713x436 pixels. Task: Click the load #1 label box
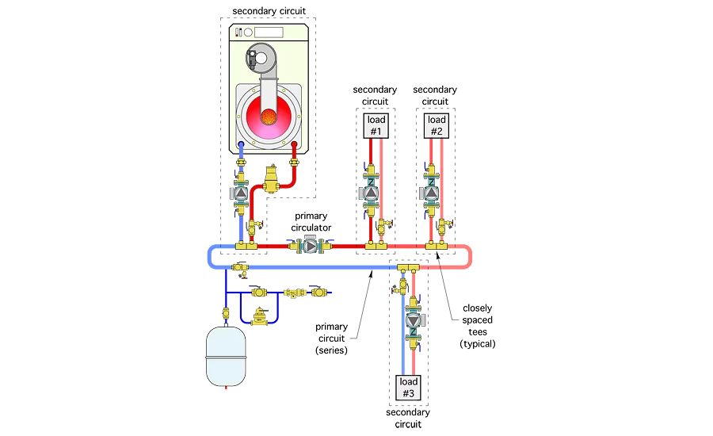point(375,125)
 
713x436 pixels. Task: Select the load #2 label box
point(436,125)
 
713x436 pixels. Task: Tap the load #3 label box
point(407,388)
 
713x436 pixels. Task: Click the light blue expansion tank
point(226,355)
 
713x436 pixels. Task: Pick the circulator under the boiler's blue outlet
point(242,193)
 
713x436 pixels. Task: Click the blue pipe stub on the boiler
point(242,147)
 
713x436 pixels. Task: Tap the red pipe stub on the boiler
point(295,147)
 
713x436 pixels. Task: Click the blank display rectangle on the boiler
point(269,32)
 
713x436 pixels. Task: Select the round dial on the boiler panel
point(248,32)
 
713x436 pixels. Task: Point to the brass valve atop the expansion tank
point(226,314)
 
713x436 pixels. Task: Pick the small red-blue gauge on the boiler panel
point(238,32)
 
